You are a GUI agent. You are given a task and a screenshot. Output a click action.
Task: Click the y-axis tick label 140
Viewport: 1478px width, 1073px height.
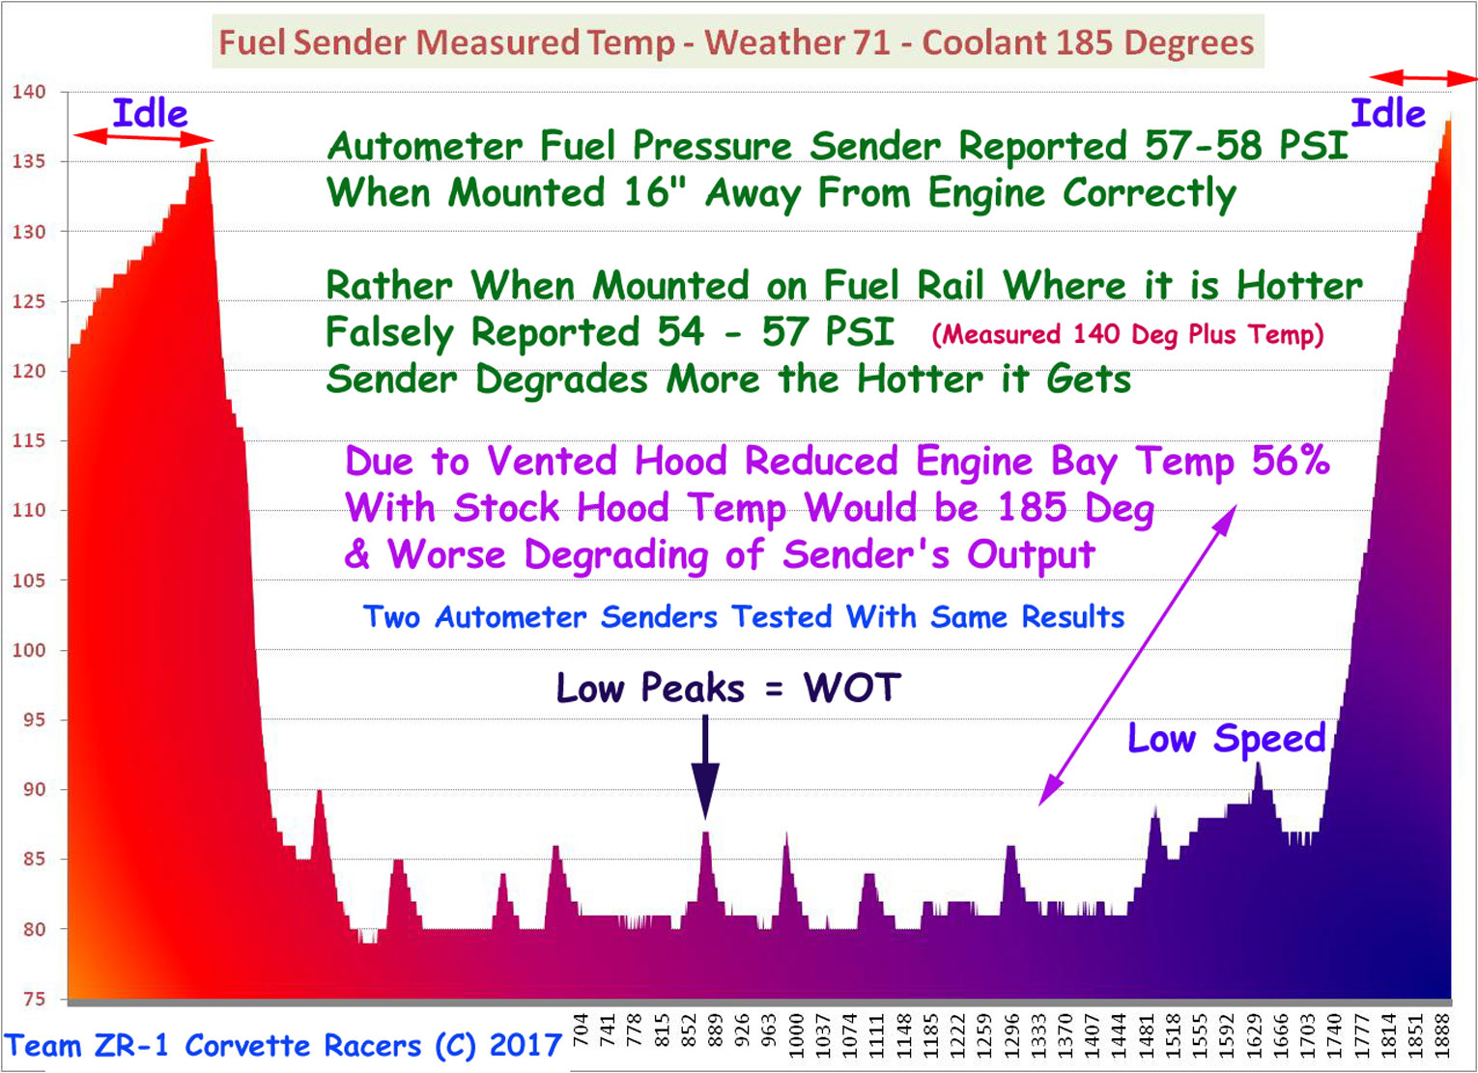[x=29, y=92]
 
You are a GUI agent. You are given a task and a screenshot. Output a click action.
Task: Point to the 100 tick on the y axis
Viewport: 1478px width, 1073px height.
[x=29, y=650]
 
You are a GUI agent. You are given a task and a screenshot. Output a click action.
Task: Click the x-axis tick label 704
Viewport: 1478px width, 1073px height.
[x=580, y=1031]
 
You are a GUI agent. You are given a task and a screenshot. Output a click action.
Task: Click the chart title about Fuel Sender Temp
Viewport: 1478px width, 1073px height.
[x=736, y=42]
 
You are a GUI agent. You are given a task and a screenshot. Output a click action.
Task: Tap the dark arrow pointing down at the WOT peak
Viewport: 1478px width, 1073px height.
[x=705, y=767]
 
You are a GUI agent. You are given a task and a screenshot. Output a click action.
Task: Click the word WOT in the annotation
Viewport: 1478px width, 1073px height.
[x=852, y=688]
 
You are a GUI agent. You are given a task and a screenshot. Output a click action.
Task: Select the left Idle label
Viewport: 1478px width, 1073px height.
[x=150, y=113]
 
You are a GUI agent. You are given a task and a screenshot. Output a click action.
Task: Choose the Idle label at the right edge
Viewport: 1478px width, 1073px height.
[x=1388, y=113]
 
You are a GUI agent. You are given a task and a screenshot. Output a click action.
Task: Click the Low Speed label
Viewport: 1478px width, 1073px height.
[x=1227, y=738]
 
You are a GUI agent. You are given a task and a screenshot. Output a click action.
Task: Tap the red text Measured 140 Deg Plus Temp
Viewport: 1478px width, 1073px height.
[x=1127, y=335]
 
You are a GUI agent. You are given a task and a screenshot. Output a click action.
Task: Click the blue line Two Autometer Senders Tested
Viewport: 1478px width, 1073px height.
[x=744, y=617]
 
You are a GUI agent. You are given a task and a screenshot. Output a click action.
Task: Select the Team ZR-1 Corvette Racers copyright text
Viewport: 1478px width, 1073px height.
[x=282, y=1045]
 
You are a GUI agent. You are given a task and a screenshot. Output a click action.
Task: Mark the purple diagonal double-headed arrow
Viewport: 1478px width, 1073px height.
[x=1138, y=655]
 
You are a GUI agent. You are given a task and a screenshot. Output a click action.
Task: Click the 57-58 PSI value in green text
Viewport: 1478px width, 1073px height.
[x=1246, y=145]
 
